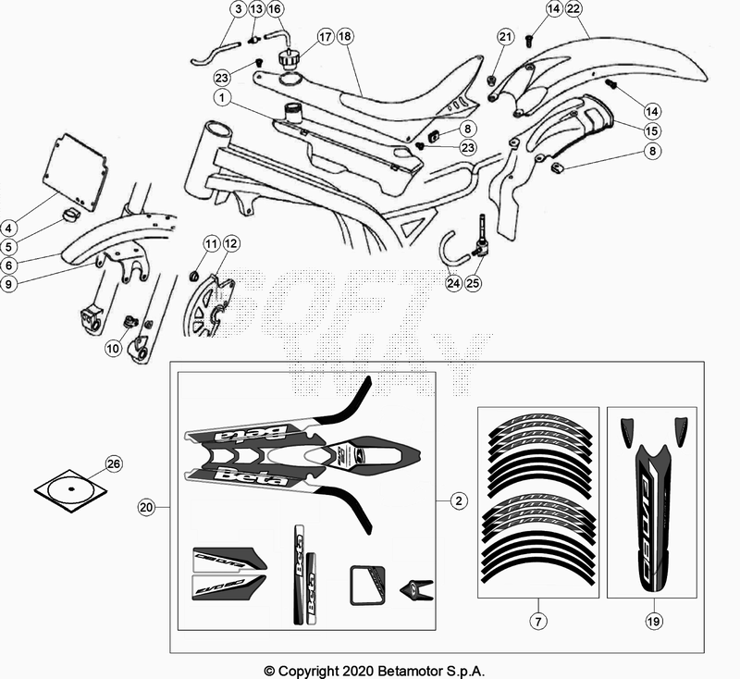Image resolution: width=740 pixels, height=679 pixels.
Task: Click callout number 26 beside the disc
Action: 113,463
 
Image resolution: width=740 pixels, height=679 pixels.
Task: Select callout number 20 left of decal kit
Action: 145,506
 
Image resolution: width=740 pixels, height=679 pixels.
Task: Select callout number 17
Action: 325,38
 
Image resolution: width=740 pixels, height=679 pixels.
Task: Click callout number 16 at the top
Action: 275,10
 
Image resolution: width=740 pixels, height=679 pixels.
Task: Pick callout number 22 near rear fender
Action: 573,10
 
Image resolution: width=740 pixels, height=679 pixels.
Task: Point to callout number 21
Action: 504,37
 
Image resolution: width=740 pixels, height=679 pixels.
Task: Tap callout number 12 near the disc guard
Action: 230,244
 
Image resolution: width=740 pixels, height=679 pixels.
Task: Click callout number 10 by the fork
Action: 112,349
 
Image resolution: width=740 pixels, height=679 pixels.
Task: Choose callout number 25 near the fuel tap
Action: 475,283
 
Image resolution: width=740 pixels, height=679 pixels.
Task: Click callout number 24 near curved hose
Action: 451,283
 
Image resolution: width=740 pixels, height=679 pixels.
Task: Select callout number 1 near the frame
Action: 223,96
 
